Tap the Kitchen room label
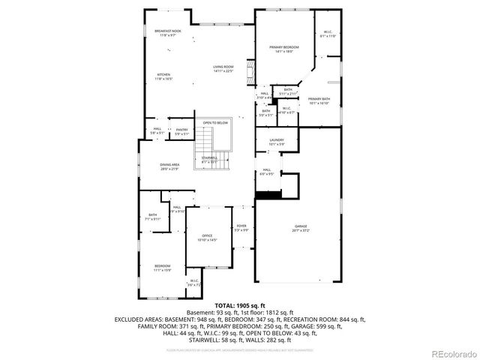163,76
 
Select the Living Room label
223,69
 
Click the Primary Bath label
319,100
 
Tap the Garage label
301,227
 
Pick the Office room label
206,238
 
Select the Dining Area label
169,166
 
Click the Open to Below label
215,122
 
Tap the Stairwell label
209,158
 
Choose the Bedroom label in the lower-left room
163,268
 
